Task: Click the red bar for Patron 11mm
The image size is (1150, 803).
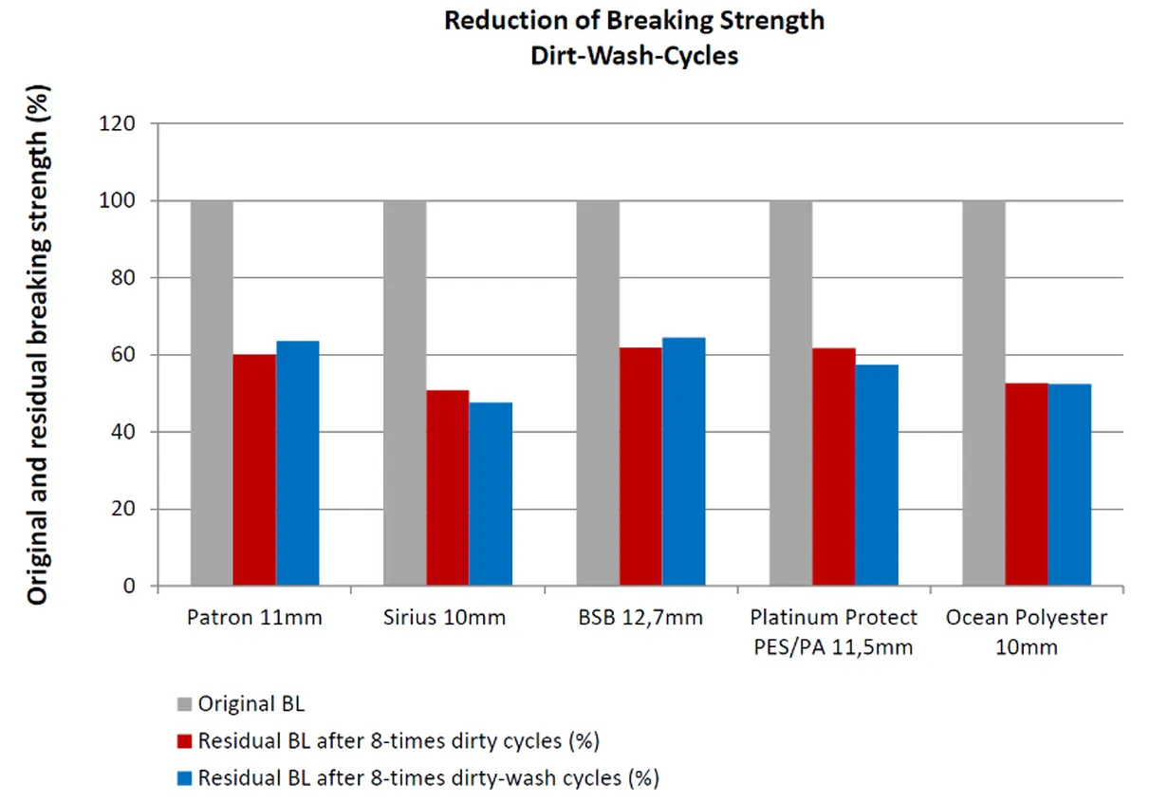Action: click(254, 470)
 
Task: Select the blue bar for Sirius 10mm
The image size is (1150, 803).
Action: click(491, 494)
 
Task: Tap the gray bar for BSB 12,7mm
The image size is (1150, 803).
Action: click(598, 393)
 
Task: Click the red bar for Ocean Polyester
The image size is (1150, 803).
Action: click(1027, 484)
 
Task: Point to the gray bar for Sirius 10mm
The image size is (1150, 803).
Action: click(404, 393)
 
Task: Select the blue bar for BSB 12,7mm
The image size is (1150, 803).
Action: click(683, 461)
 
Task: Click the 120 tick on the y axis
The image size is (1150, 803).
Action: click(120, 123)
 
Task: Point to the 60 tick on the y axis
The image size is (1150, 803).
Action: click(124, 355)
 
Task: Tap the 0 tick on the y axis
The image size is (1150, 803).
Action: click(129, 587)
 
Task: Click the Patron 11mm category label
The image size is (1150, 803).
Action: click(254, 618)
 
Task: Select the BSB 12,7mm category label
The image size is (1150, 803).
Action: click(640, 618)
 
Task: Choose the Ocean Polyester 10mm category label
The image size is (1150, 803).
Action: click(1026, 628)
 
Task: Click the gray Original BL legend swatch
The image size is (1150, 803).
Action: click(184, 704)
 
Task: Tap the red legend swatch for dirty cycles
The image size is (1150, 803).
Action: click(184, 740)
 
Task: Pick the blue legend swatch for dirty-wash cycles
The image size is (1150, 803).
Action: click(184, 778)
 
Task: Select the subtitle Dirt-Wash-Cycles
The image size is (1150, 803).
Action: click(635, 56)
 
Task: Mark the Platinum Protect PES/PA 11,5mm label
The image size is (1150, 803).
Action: click(833, 628)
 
